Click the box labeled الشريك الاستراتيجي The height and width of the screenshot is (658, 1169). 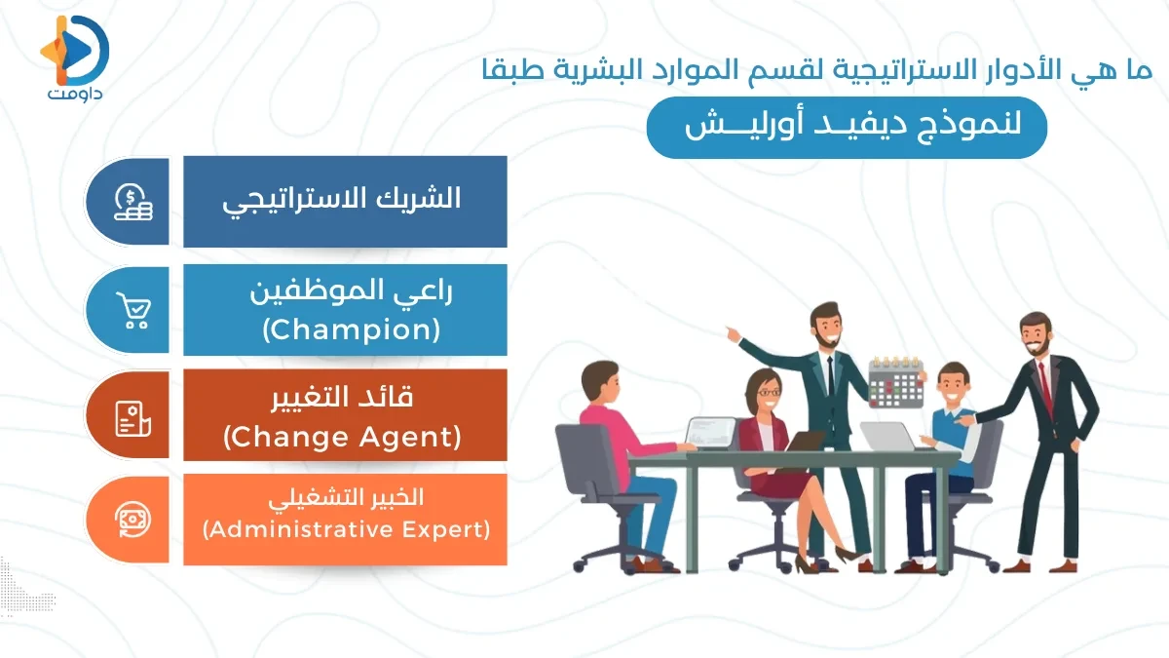coord(345,201)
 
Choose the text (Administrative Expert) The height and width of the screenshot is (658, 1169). coord(346,531)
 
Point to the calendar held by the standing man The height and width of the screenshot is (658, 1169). coord(895,381)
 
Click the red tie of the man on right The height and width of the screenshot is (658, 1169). coord(1045,385)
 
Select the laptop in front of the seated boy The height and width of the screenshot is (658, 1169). coord(888,437)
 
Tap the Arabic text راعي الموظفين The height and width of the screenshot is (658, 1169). coord(352,291)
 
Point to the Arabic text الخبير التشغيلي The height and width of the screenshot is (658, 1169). coord(346,497)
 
